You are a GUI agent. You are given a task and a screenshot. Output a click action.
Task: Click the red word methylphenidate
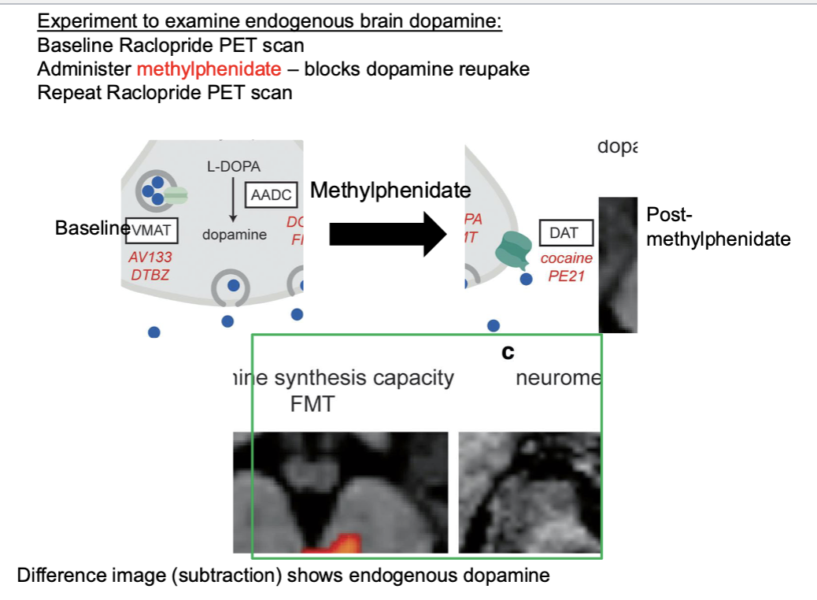tap(209, 69)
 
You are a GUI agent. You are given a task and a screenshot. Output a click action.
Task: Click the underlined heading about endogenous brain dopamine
tap(269, 21)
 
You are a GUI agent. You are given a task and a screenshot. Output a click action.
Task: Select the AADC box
tap(271, 194)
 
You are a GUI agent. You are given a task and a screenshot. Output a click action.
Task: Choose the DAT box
tap(564, 233)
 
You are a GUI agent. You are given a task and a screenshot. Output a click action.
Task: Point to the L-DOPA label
tap(234, 167)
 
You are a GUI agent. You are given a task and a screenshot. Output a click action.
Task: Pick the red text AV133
tap(150, 257)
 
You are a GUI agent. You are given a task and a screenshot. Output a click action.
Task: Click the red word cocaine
tap(566, 258)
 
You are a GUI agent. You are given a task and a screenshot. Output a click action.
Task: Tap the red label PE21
tap(566, 276)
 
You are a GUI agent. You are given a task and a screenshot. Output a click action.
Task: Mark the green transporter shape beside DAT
tap(514, 250)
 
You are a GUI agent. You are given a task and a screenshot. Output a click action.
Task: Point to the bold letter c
tap(508, 353)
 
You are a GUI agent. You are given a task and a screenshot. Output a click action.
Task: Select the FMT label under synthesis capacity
tap(312, 405)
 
